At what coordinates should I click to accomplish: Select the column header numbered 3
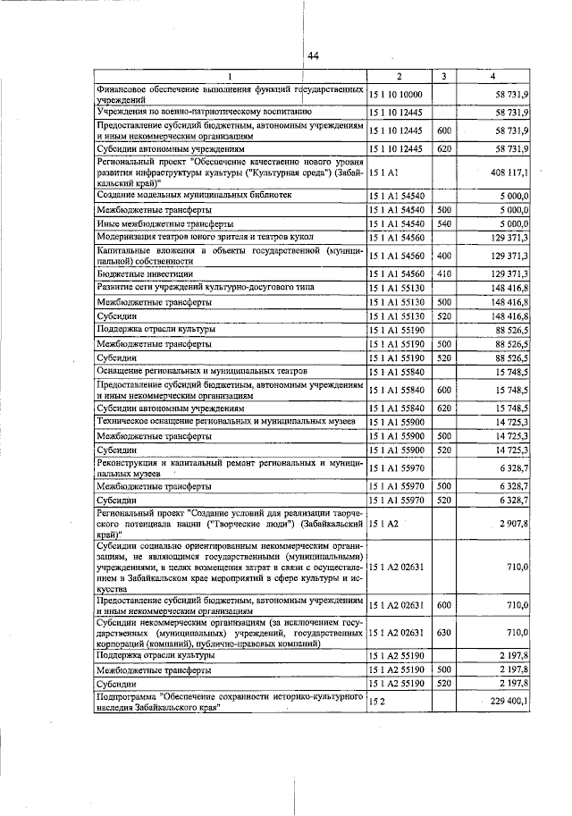click(443, 76)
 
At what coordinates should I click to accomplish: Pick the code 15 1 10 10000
click(398, 94)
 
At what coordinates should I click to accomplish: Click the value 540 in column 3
click(443, 223)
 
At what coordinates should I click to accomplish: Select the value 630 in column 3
click(443, 633)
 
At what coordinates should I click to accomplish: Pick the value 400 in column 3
click(443, 256)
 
